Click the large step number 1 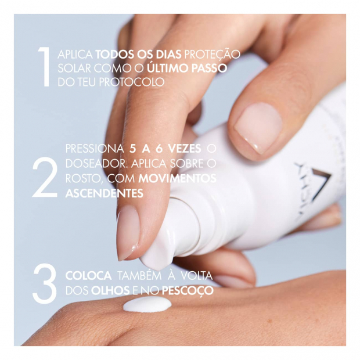[45, 67]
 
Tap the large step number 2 [45, 177]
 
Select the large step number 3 [45, 284]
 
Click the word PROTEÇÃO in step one [212, 55]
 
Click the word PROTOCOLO [132, 82]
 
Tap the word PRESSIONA [95, 149]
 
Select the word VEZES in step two [185, 149]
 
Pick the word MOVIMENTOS [177, 179]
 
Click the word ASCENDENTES [105, 193]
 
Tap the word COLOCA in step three [89, 276]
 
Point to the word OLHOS [110, 291]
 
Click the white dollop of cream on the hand [147, 304]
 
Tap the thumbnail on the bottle [258, 127]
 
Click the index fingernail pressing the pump [128, 232]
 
